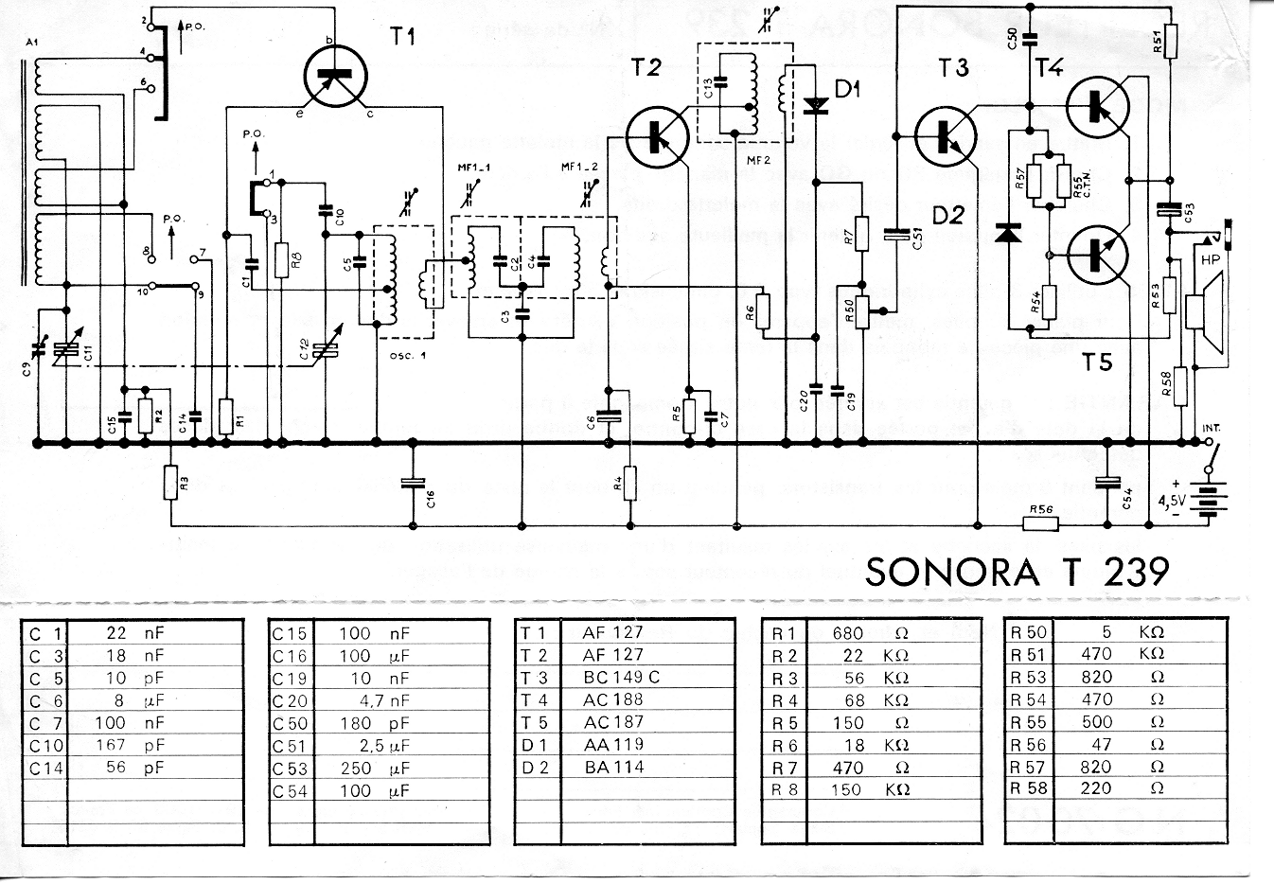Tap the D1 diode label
847,91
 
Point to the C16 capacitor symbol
414,485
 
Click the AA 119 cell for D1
614,745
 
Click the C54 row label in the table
291,790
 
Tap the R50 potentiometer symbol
861,309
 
